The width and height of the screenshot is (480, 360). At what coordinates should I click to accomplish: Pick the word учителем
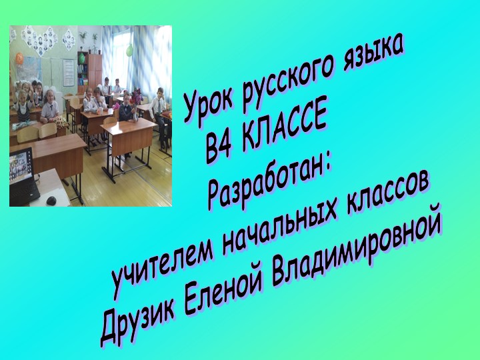[163, 256]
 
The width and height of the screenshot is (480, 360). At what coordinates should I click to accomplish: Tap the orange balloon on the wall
[19, 59]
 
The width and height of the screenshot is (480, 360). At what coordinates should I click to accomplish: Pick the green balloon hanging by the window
[130, 50]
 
